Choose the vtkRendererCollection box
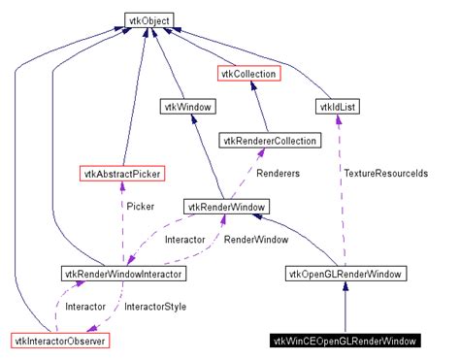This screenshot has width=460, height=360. click(x=269, y=141)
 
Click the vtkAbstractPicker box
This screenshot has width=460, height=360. click(x=121, y=174)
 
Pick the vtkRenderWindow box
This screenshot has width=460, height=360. click(x=226, y=207)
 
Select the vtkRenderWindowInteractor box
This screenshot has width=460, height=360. click(x=123, y=275)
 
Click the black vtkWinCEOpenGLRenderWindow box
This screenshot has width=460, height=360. click(x=345, y=341)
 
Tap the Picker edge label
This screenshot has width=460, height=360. click(x=141, y=206)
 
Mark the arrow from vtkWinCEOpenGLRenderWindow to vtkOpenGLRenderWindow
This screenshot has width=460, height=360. click(x=345, y=308)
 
